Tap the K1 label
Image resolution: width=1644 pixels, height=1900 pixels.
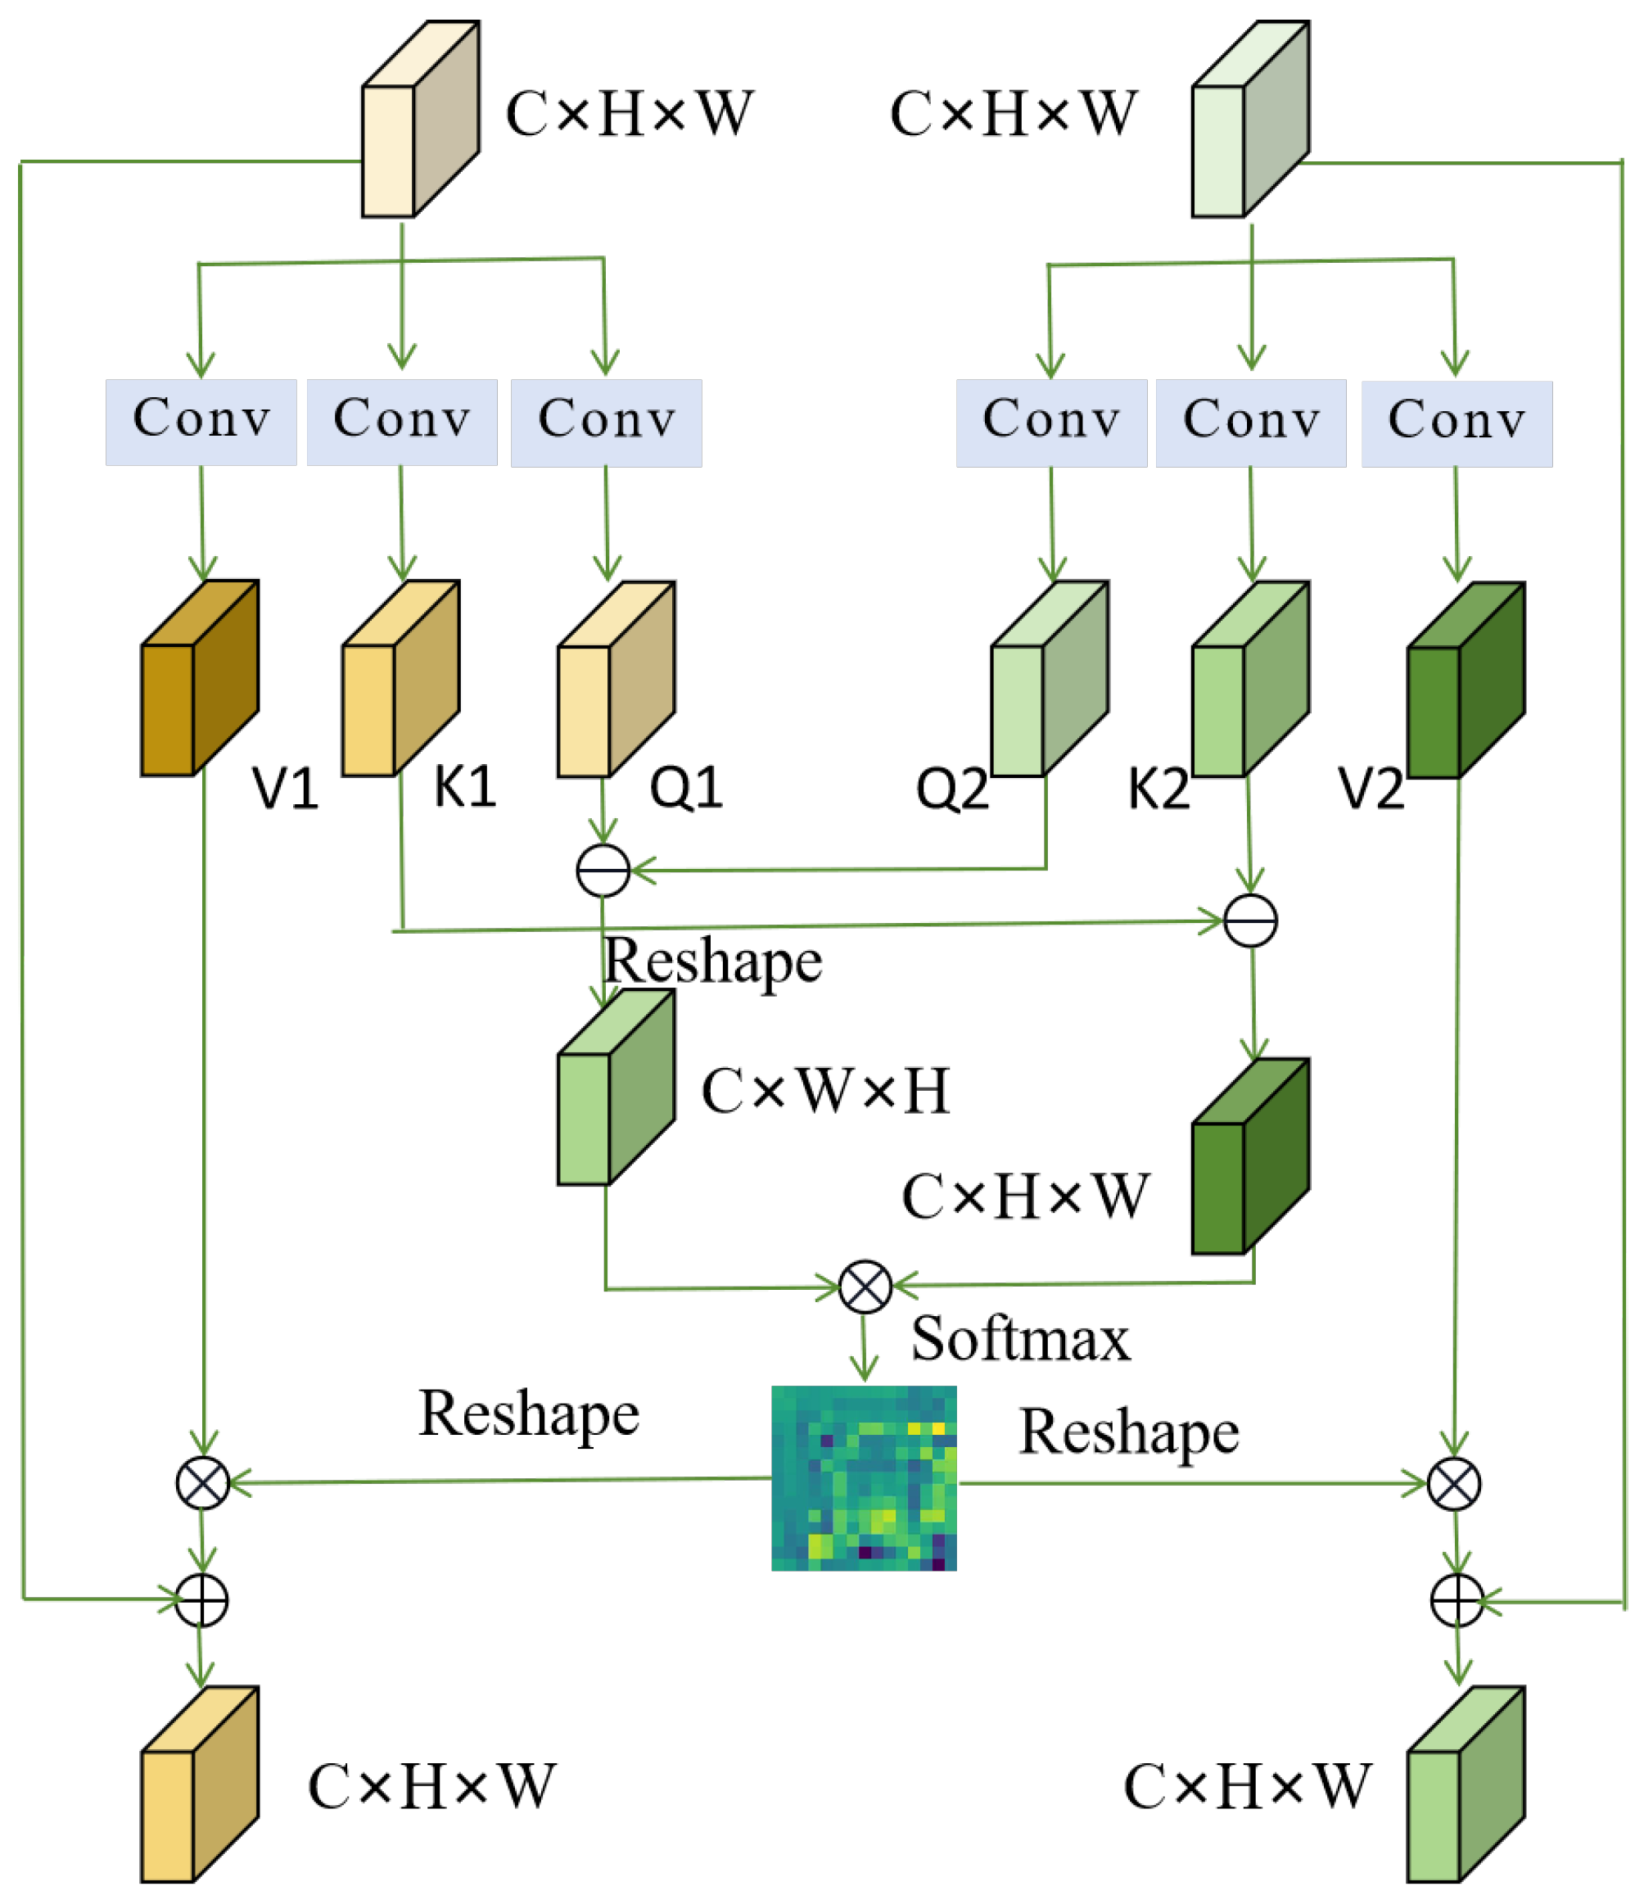(465, 786)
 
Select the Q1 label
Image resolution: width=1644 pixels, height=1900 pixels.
(686, 787)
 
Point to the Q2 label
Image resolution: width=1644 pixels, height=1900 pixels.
(952, 788)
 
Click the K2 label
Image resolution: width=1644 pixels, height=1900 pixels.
(1158, 788)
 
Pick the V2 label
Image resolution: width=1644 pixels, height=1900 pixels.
(1371, 788)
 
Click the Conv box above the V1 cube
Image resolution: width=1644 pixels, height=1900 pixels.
(201, 422)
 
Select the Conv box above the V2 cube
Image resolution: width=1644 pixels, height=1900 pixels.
(1457, 424)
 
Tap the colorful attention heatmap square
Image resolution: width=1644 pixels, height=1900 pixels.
(865, 1478)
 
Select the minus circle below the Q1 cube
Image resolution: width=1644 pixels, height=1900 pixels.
(603, 871)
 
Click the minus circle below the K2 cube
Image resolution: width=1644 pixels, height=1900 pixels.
(1250, 921)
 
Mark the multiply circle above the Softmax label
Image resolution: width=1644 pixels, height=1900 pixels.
(865, 1287)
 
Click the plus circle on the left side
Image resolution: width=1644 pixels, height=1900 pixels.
(202, 1601)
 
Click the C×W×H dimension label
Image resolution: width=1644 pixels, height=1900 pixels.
(825, 1092)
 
